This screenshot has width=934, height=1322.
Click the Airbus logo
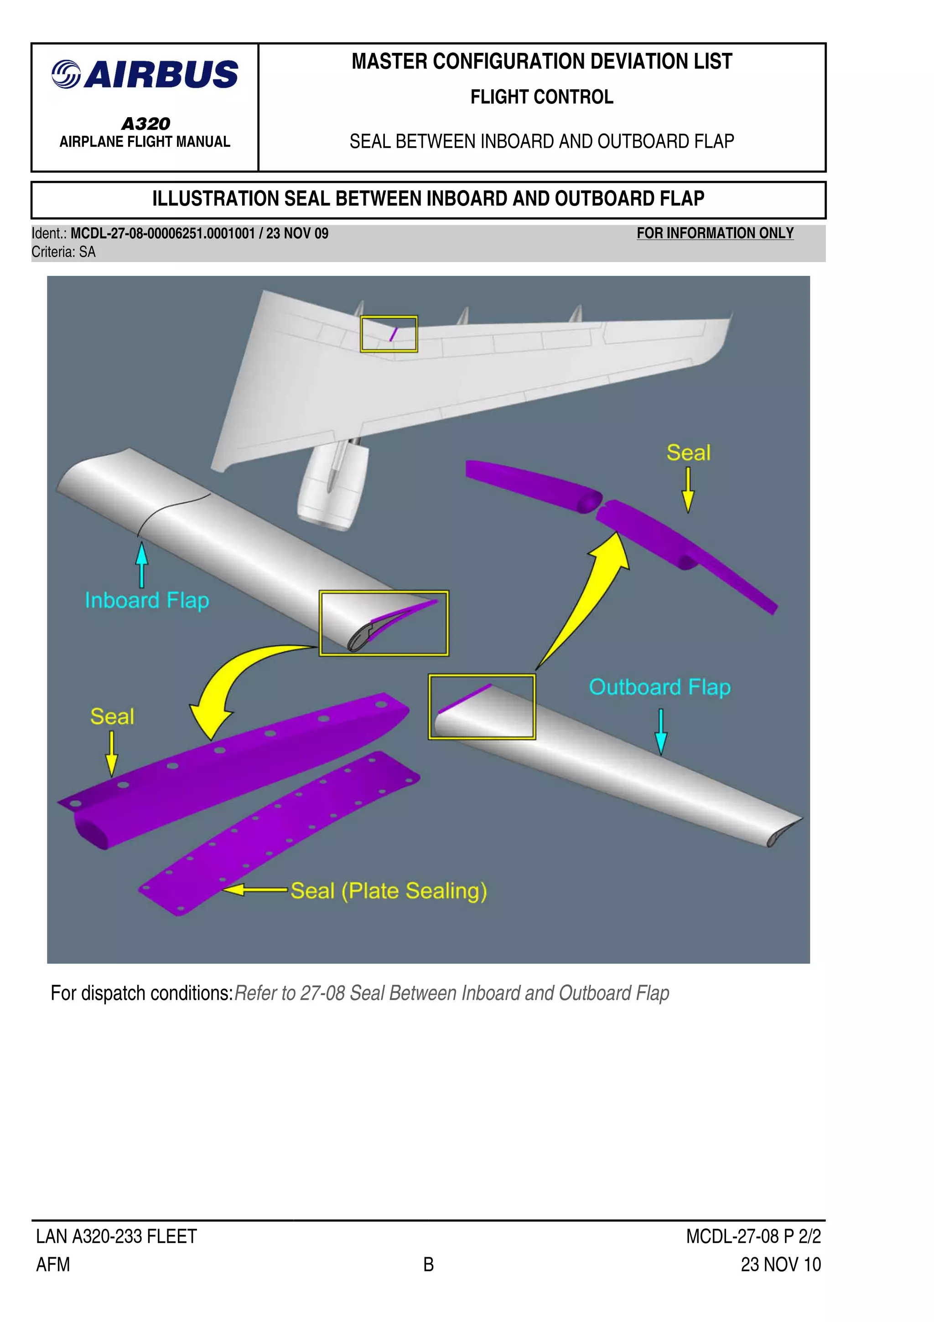click(145, 74)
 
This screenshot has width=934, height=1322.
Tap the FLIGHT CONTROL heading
click(542, 97)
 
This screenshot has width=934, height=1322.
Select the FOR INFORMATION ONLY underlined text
click(715, 233)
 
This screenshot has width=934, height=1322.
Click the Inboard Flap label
click(146, 601)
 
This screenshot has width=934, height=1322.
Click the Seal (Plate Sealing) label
click(389, 891)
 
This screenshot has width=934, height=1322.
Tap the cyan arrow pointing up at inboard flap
click(142, 564)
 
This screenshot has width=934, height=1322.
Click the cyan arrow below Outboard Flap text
click(661, 732)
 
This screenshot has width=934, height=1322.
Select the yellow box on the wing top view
click(389, 334)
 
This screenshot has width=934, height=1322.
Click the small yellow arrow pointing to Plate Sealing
click(254, 890)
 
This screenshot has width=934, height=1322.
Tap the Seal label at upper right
click(688, 453)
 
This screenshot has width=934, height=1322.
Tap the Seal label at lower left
click(112, 716)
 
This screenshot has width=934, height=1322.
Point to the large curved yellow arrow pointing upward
click(588, 599)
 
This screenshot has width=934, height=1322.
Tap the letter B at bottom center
click(428, 1265)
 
